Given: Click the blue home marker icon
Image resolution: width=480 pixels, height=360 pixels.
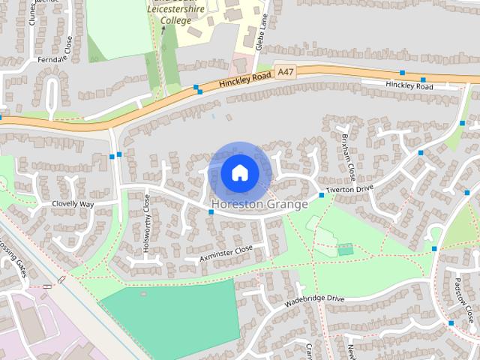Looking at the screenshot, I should pos(240,173).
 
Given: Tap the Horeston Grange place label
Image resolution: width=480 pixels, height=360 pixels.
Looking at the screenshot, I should pos(259,204).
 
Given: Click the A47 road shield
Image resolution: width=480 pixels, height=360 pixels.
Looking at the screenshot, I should pos(284,71).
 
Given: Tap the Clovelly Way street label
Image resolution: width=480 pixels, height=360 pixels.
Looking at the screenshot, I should pos(73,204).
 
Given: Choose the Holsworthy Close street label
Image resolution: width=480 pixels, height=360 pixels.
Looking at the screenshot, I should pos(147,223).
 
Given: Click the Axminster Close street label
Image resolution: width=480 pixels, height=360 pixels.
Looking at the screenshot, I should pos(226,253).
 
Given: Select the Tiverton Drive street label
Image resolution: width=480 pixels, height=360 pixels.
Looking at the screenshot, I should pos(349,190).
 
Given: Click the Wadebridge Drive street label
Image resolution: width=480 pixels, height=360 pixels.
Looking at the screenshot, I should pos(314,303).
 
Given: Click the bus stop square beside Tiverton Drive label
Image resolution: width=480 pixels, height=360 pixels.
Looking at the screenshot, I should pos(322,195).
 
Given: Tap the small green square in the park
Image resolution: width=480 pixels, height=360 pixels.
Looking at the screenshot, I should pos(345,249).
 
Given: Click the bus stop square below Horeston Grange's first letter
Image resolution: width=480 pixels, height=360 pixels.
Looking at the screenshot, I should pos(211,212).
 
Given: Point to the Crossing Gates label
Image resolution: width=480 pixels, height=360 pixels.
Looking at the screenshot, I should pos(13,259).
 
